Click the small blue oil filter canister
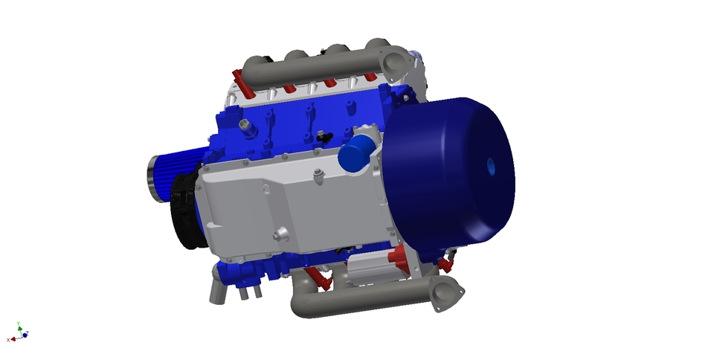[356, 153]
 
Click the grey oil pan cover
[290, 208]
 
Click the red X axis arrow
[13, 338]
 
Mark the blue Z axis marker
[25, 335]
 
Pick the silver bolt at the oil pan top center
[319, 176]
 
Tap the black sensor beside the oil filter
[324, 137]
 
